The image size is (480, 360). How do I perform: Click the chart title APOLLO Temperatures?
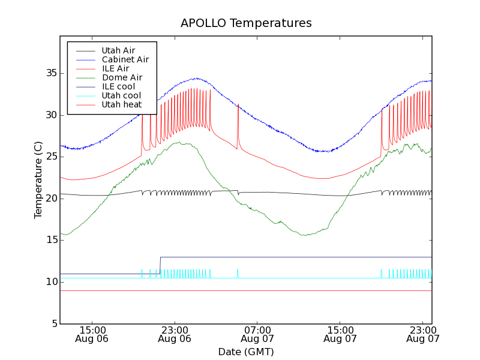246,23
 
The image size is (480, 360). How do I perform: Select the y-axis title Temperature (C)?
38,180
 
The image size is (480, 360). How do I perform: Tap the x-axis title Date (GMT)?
246,352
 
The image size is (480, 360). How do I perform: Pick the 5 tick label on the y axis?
53,324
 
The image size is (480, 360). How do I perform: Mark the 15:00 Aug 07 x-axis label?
340,334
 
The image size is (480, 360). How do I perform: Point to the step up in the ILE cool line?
160,265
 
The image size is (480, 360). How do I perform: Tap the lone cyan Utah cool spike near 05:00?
238,273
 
